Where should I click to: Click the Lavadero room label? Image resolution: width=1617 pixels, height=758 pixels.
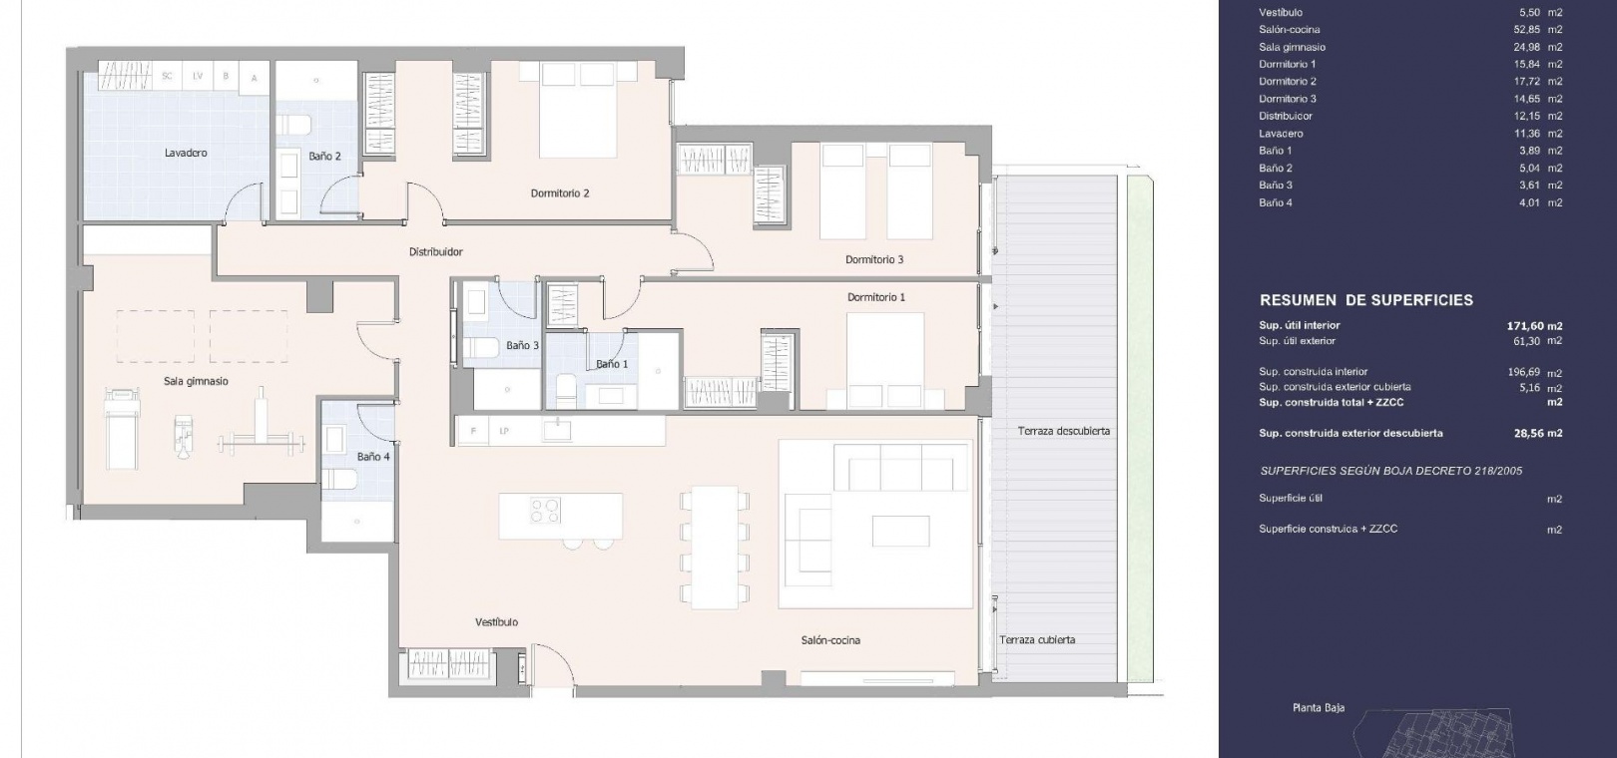pos(186,153)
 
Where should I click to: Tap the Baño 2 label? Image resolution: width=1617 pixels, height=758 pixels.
pos(324,156)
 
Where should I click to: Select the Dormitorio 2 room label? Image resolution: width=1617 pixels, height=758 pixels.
pos(560,193)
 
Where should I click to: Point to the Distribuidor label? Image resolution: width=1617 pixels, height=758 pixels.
pos(436,251)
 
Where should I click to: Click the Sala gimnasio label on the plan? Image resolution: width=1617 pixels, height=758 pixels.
pos(196,381)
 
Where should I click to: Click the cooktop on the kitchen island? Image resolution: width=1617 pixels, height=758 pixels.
pos(546,510)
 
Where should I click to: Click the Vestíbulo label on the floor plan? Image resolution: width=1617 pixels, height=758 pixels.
pos(497,621)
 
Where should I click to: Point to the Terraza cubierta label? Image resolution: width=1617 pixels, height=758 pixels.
pos(1037,639)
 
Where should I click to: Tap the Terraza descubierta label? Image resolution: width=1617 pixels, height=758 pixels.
pos(1064,431)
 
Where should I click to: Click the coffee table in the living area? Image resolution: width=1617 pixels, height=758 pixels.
pos(901,531)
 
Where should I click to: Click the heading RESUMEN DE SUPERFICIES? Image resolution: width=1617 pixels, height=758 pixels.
pos(1366,300)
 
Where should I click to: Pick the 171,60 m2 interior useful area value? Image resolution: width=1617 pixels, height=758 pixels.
pos(1534,326)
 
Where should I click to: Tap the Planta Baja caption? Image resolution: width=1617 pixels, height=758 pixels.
pos(1319,708)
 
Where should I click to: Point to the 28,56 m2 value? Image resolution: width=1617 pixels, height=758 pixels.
pos(1538,434)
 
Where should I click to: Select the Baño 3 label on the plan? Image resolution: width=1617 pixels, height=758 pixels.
pos(523,345)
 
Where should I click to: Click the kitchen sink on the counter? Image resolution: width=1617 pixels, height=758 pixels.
pos(557,431)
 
